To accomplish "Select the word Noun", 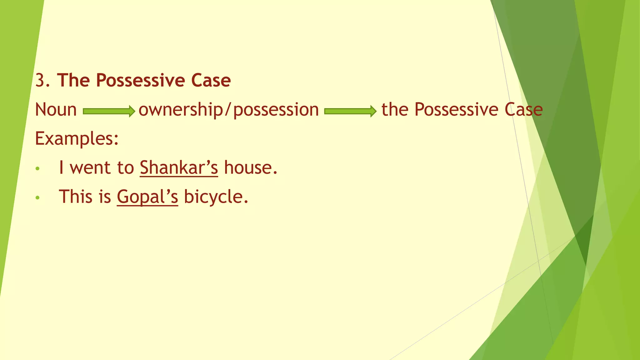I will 56,110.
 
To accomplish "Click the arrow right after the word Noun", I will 109,111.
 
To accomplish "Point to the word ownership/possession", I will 228,110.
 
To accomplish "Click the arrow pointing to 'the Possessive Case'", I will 350,111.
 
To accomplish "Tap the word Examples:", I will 77,138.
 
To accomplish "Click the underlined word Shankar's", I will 179,168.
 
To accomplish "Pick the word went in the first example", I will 90,168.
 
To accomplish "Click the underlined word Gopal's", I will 147,197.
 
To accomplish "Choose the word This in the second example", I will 76,197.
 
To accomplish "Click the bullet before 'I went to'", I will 38,169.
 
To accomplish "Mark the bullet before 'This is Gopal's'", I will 38,198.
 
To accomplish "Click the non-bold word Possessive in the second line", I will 456,110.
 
